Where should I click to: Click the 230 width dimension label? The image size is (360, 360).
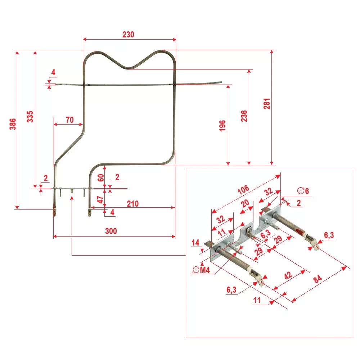128,35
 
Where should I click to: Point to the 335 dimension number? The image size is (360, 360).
30,117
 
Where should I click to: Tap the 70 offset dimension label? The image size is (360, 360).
70,120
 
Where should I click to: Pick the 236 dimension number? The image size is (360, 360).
244,117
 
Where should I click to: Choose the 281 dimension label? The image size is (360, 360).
266,104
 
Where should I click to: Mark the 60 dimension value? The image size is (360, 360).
101,177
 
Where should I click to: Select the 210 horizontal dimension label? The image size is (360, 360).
132,204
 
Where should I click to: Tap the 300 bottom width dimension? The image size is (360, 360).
111,231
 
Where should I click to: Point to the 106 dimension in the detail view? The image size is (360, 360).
243,189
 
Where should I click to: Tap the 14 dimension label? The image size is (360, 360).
195,243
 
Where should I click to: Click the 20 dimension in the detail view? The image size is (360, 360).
245,204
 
